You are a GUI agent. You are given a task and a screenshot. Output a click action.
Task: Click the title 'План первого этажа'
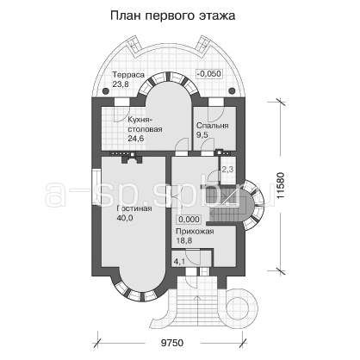click(173, 16)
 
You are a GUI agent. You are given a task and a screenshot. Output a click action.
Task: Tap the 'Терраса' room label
click(128, 75)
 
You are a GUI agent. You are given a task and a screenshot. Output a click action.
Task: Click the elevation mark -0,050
click(209, 74)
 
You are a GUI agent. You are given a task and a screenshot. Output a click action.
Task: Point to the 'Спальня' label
click(212, 126)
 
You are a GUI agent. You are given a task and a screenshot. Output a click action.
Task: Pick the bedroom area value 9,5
click(202, 134)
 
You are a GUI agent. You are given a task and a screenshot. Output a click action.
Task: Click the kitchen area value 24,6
click(136, 139)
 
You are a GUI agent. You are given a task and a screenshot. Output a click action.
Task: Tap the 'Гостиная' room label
click(134, 208)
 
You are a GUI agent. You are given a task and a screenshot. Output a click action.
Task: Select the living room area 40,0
click(125, 218)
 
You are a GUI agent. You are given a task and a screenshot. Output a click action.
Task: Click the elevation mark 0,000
click(189, 220)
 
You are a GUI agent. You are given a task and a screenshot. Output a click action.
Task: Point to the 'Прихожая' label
click(195, 232)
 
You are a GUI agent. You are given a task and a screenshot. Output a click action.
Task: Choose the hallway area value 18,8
click(183, 240)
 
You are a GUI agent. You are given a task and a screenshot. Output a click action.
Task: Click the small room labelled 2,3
click(227, 170)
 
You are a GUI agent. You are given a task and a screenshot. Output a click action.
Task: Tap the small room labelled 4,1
click(179, 261)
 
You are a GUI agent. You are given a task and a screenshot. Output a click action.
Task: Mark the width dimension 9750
click(171, 343)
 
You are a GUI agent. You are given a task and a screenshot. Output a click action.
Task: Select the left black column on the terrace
click(106, 91)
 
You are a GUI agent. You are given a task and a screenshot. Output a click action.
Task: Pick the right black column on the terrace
click(231, 91)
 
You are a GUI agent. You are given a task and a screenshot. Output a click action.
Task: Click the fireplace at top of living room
click(132, 158)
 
